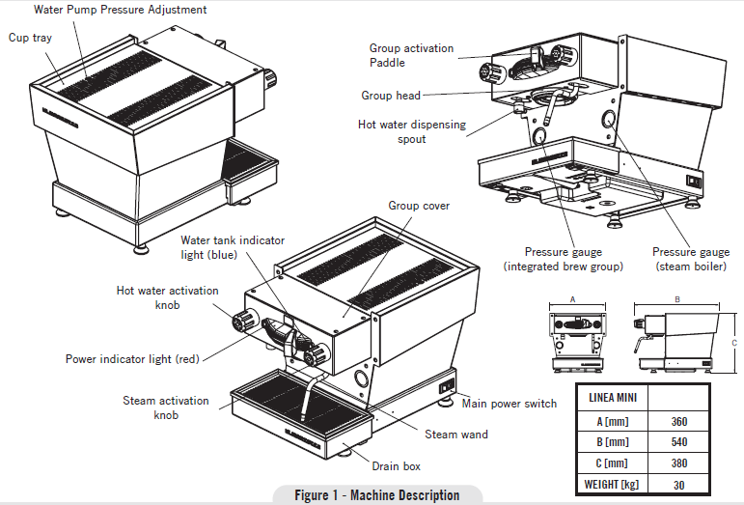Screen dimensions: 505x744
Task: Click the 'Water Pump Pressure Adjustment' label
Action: click(x=121, y=10)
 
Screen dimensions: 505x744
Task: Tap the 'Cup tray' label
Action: click(x=30, y=38)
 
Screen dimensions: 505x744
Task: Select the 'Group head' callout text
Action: click(x=390, y=96)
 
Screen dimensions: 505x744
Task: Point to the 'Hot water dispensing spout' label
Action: click(x=412, y=131)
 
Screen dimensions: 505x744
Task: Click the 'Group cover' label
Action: click(x=419, y=206)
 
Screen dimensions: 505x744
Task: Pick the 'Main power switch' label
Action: click(x=509, y=404)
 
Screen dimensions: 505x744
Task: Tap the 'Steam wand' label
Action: click(x=456, y=435)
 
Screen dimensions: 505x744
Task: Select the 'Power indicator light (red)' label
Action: click(x=132, y=359)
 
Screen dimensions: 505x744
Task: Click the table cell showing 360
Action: click(x=678, y=421)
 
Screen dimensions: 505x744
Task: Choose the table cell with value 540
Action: click(x=678, y=441)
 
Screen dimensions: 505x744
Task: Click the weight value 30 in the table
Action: click(x=678, y=484)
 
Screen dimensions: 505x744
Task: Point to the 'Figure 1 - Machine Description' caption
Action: click(x=377, y=495)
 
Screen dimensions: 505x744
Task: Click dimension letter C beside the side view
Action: click(x=734, y=343)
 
